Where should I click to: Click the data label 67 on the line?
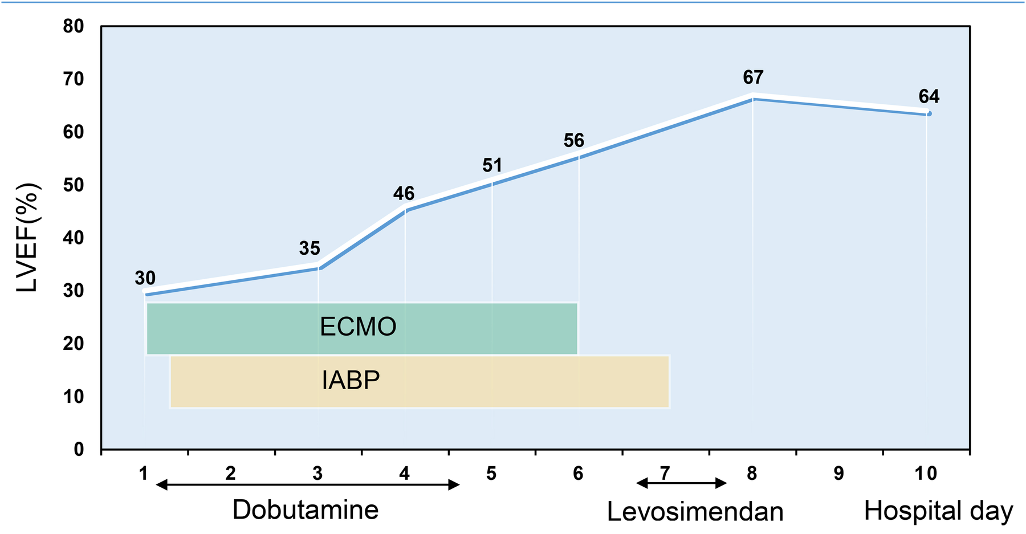click(753, 77)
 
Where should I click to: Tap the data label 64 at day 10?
click(929, 96)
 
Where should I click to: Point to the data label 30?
click(145, 278)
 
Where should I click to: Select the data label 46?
click(404, 194)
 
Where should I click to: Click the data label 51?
click(492, 165)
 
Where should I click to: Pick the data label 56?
click(573, 140)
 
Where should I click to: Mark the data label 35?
click(310, 248)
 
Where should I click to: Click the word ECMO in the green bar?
click(358, 327)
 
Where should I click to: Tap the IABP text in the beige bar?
click(351, 380)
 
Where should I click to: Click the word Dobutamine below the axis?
click(306, 509)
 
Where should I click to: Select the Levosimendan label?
click(695, 511)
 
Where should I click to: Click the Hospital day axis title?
click(938, 511)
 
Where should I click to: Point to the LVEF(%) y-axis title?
click(27, 238)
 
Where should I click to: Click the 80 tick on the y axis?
click(74, 27)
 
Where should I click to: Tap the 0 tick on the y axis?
click(79, 450)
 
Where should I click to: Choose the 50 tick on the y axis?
click(74, 185)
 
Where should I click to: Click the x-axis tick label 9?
click(838, 473)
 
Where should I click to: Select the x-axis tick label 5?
click(491, 473)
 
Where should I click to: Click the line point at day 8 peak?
click(753, 98)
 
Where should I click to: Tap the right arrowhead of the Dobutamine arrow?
click(455, 485)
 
